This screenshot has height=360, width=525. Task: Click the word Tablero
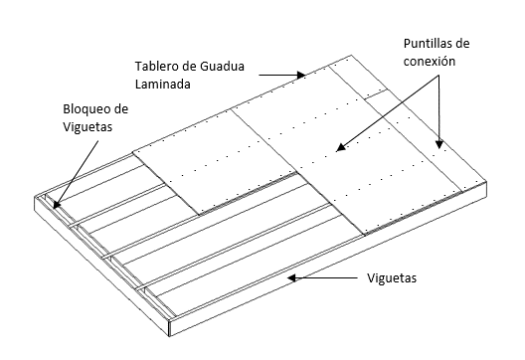tap(157, 66)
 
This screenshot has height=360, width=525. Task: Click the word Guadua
tap(223, 66)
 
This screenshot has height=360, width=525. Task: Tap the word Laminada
tap(163, 84)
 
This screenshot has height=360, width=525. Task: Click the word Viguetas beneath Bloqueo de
tap(87, 127)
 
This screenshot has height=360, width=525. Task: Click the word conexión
tap(430, 62)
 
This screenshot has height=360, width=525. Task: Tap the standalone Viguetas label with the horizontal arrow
tap(392, 277)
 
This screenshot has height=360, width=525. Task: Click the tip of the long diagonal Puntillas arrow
tap(336, 151)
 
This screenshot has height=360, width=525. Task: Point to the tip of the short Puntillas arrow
tap(439, 149)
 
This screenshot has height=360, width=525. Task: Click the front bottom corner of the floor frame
tap(170, 336)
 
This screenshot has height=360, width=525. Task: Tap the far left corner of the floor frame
tap(35, 196)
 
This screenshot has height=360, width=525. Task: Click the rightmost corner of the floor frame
tap(487, 183)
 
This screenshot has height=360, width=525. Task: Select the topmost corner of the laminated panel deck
tap(351, 56)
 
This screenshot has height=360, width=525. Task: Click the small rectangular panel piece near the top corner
tap(376, 93)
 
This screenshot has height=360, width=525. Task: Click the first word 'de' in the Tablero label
tap(190, 66)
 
